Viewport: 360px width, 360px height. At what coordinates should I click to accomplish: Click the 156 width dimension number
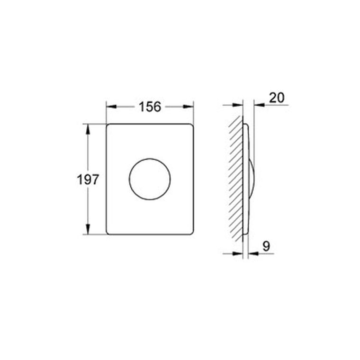pos(150,107)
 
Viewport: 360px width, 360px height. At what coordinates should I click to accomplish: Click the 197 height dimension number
pos(88,180)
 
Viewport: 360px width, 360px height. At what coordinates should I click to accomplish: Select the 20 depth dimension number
pos(277,98)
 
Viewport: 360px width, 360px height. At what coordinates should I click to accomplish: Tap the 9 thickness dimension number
pos(266,246)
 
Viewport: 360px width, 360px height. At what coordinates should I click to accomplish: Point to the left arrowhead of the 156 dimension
pos(112,107)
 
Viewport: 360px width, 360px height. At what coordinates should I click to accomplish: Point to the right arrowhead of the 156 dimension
pos(188,107)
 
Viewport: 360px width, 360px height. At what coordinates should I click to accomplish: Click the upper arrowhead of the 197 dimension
pos(88,129)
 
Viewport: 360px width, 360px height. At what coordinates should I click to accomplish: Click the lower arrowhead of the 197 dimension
pos(88,229)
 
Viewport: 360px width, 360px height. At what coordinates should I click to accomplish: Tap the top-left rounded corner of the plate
pos(108,126)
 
